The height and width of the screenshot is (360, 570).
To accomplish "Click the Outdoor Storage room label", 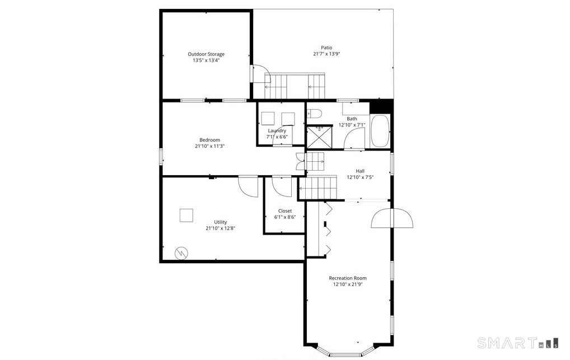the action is (x=206, y=54).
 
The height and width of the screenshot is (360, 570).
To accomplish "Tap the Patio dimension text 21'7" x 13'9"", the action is (x=326, y=54).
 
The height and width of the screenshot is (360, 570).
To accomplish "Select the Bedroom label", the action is (x=210, y=140).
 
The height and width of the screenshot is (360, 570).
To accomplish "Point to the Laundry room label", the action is (x=277, y=130).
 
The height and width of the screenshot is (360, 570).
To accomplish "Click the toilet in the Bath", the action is (x=314, y=114).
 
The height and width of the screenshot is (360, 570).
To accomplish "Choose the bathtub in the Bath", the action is (x=380, y=131).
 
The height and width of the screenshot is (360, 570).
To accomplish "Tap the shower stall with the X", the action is (x=320, y=137).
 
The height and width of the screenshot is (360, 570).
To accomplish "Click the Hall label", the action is (x=360, y=171).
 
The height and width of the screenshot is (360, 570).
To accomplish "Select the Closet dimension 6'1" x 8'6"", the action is (x=285, y=217).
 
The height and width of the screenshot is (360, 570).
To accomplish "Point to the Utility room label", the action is (x=220, y=222).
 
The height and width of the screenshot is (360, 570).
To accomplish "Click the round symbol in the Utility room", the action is (x=181, y=253).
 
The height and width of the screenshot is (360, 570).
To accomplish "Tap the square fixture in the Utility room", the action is (x=186, y=216).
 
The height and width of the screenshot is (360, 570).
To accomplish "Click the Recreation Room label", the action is (x=348, y=278).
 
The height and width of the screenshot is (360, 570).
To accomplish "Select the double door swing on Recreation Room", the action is (x=392, y=218).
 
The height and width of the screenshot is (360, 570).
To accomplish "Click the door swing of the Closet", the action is (x=282, y=186).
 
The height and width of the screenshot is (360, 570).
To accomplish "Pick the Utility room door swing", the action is (x=248, y=186).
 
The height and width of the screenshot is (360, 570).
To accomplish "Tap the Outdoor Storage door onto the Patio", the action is (x=260, y=74).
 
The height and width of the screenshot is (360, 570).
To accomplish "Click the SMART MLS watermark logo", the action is (x=518, y=343).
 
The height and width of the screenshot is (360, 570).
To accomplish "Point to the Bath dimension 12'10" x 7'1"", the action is (x=352, y=125).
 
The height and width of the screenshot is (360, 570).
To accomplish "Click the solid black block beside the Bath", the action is (x=381, y=106).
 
